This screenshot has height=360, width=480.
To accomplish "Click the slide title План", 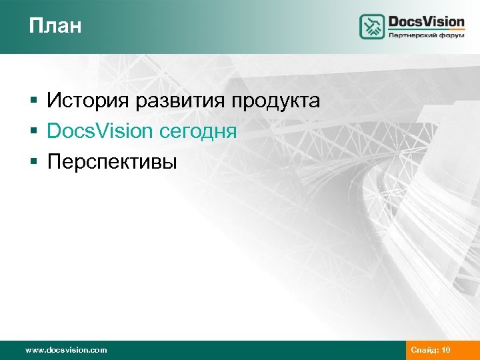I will [55, 26].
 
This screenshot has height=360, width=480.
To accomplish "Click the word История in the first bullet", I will [89, 101].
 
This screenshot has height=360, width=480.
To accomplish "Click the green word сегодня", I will [198, 131].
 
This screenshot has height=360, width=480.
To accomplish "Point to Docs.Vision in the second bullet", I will [100, 131].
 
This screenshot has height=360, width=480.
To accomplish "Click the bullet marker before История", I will [33, 101].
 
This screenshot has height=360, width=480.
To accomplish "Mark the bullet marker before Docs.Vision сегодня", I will [33, 131].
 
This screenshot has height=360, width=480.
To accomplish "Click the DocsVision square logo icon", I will [373, 27].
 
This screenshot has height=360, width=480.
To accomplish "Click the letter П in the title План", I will [35, 26].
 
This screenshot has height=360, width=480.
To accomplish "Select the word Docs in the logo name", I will [408, 21].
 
